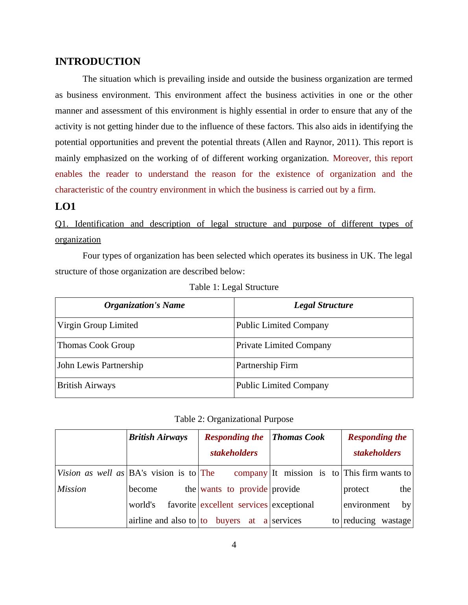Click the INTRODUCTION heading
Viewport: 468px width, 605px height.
98,62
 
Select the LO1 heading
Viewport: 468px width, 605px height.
65,207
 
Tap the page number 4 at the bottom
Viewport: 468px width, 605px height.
234,545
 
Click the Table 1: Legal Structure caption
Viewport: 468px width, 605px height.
234,287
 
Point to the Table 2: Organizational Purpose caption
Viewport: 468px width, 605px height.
234,419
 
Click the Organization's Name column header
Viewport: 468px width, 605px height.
144,305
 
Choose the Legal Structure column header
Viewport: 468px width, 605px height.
323,305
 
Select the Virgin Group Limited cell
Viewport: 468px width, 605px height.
98,325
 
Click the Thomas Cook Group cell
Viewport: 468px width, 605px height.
96,345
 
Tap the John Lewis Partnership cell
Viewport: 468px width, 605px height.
100,365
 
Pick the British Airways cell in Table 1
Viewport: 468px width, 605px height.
87,385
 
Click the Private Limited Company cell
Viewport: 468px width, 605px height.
284,345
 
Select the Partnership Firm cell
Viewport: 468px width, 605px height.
267,365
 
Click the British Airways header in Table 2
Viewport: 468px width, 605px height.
158,437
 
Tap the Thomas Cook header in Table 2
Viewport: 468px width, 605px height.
298,437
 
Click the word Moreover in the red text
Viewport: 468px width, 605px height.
352,158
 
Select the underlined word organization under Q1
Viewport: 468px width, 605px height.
78,240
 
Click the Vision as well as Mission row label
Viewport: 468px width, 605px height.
90,481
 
